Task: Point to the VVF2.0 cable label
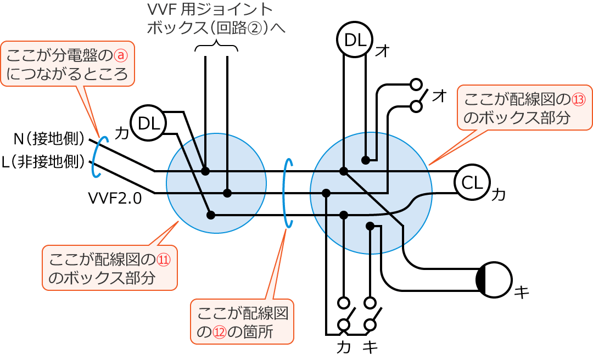click(115, 198)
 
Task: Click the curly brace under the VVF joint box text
click(216, 47)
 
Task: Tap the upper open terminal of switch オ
click(417, 85)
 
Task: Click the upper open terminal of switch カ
click(344, 302)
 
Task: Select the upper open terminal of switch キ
click(371, 302)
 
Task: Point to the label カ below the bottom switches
click(344, 348)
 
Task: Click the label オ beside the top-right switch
click(439, 95)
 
